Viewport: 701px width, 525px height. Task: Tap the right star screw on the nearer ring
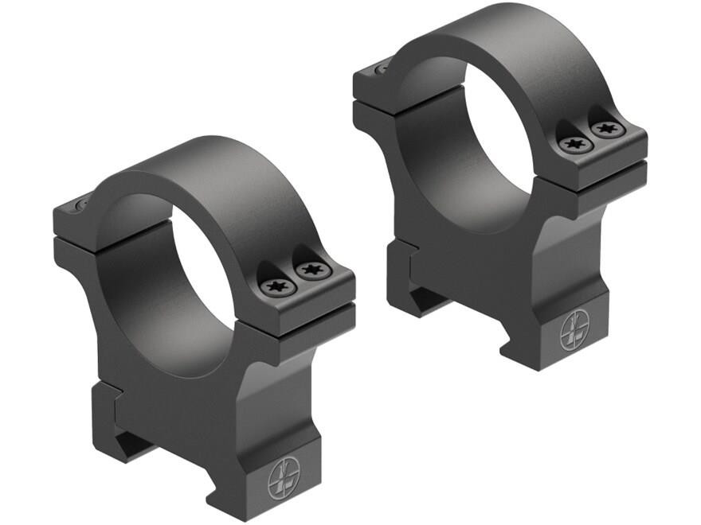click(308, 270)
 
